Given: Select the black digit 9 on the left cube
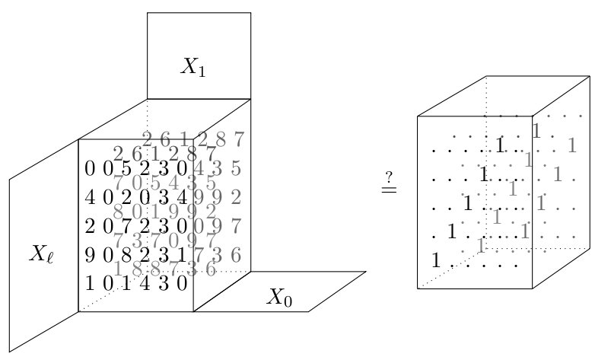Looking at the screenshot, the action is point(90,254).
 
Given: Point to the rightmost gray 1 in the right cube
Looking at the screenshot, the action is point(572,145).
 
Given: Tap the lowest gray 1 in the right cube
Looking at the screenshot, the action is point(479,246).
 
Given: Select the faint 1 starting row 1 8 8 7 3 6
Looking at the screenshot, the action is point(118,269).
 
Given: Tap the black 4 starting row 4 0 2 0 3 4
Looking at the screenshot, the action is point(90,197).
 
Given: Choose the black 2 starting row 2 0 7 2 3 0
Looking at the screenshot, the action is point(90,225).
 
